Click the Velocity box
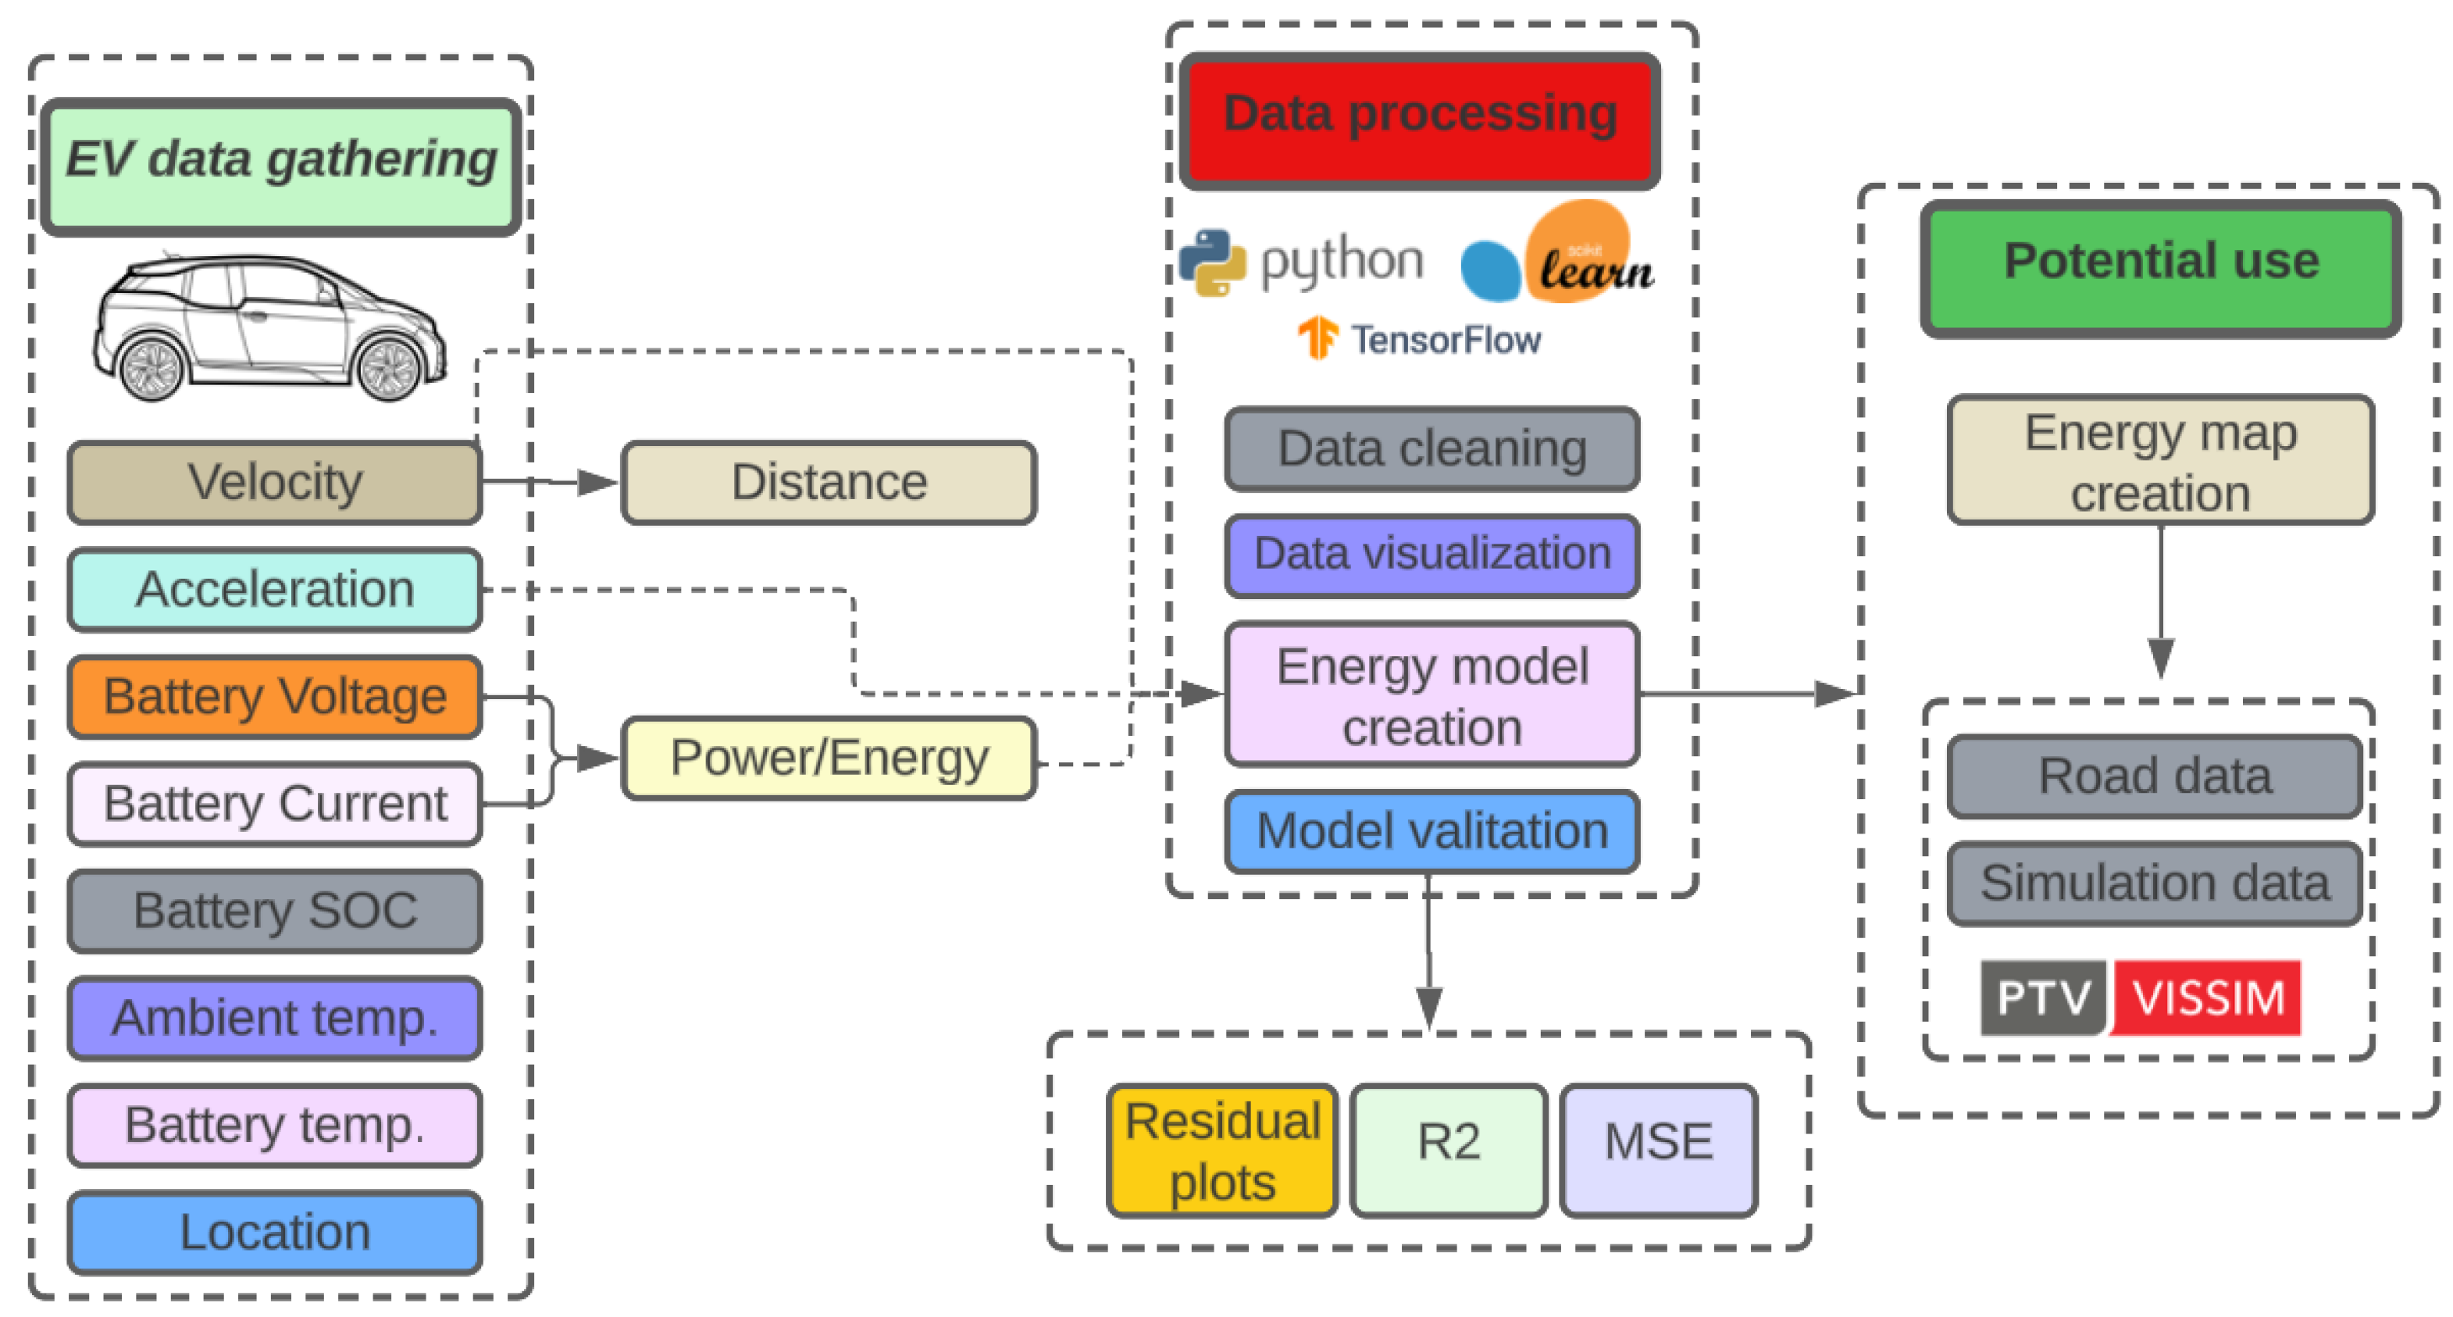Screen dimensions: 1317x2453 tap(274, 482)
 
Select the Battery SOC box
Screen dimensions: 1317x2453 tap(274, 910)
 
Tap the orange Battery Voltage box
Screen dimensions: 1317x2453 tap(274, 696)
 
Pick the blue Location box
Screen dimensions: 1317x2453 tap(274, 1233)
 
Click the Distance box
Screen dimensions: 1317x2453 tap(829, 482)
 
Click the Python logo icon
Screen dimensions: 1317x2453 tap(1212, 262)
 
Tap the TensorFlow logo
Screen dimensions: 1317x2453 tap(1319, 338)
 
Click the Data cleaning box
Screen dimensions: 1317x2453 tap(1432, 448)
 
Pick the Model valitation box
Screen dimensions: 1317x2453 tap(1432, 831)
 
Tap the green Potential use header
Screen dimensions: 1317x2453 tap(2159, 269)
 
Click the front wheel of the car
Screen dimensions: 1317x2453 tap(388, 369)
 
